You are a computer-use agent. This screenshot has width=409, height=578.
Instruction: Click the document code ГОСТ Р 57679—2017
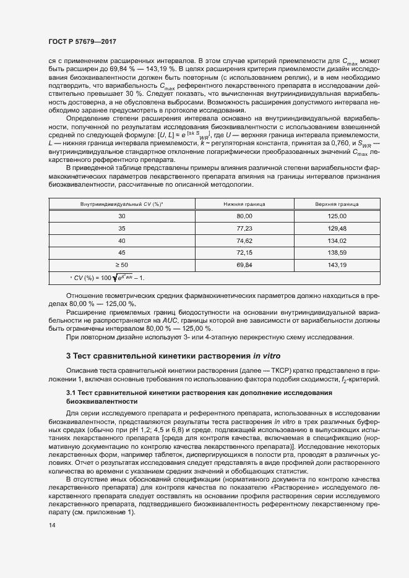click(82, 42)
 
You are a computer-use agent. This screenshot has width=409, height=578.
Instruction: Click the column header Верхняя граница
click(337, 203)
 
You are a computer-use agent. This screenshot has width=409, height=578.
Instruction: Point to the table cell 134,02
click(337, 240)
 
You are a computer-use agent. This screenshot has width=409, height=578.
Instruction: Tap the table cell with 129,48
click(337, 228)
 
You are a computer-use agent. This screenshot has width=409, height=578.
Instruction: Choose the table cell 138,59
click(337, 252)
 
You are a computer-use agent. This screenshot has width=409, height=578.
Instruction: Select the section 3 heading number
click(68, 355)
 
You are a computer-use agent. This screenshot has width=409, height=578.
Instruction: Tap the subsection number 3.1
click(71, 394)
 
